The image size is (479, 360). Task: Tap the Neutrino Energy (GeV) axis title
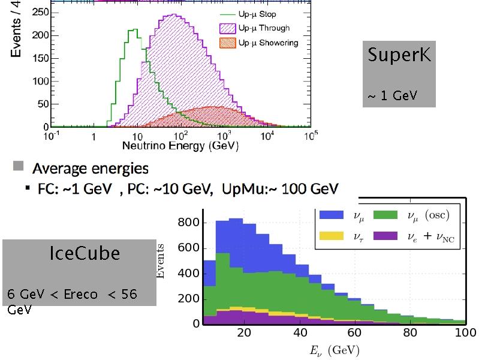(x=180, y=146)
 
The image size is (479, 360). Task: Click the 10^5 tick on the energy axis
(x=309, y=137)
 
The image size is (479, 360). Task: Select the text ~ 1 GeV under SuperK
(x=392, y=96)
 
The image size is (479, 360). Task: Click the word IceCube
(x=84, y=253)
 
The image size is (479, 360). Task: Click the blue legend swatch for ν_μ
(x=332, y=215)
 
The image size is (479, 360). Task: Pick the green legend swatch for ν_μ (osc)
(x=385, y=215)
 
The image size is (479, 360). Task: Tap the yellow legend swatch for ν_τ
(x=332, y=236)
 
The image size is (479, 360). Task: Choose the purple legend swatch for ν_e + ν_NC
(x=385, y=236)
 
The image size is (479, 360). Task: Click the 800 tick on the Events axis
(x=189, y=223)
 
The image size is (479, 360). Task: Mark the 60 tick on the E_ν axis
(x=354, y=332)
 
